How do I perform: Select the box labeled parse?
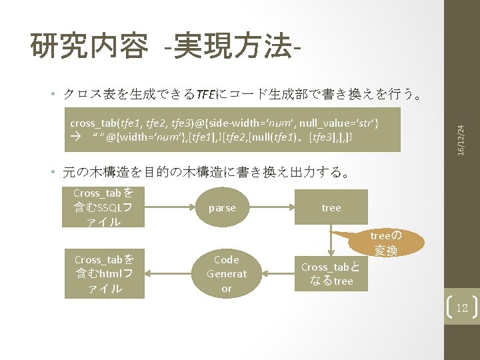tap(222, 207)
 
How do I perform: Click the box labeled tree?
tap(331, 207)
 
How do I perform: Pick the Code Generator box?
tap(227, 274)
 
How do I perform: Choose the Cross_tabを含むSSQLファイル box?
tap(103, 207)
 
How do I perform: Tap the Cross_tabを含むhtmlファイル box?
tap(103, 274)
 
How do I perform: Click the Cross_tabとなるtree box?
tap(331, 274)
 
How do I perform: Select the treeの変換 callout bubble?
tap(385, 243)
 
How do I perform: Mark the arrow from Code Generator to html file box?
tap(169, 274)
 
